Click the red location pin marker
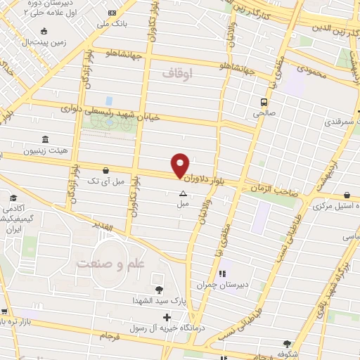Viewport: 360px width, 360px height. (181, 165)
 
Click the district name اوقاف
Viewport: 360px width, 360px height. (176, 72)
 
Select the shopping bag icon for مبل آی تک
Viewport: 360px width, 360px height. (105, 169)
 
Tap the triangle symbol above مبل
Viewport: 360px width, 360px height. (183, 193)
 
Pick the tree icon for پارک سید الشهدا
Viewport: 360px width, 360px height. (159, 289)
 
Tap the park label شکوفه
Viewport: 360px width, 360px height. (284, 354)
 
